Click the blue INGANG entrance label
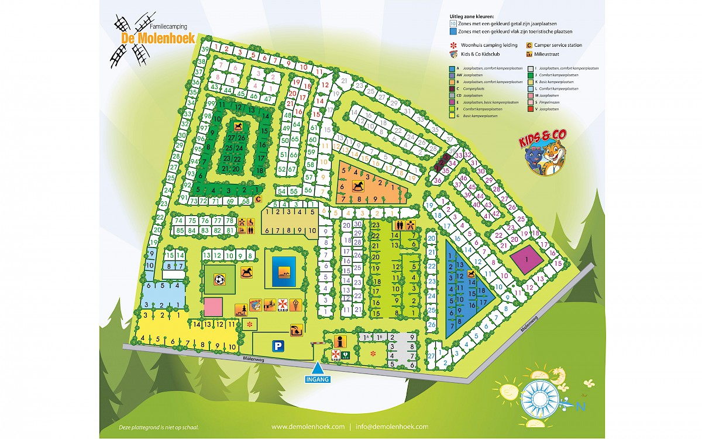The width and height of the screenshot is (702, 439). (317, 379)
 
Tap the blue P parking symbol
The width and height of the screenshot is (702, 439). (279, 346)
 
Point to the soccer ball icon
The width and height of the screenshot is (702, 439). (219, 280)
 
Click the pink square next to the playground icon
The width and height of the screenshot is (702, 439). (213, 306)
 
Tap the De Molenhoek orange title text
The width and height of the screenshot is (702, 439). (157, 39)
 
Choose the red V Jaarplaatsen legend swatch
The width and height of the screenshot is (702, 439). (530, 108)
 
